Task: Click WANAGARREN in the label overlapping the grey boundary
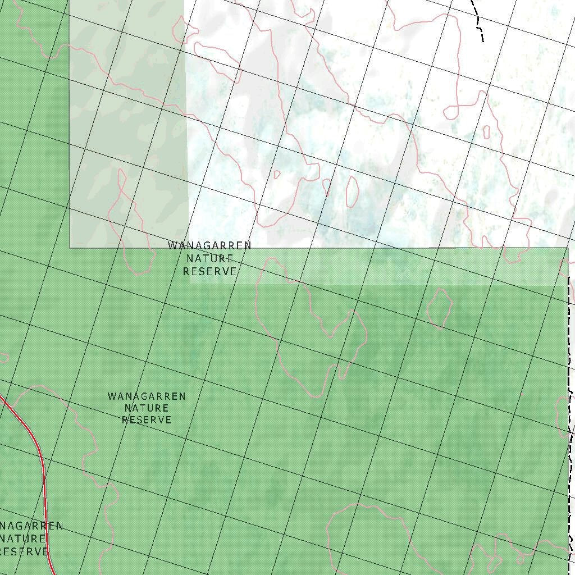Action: (x=209, y=246)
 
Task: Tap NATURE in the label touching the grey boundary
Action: (x=209, y=259)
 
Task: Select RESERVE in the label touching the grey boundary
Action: (x=209, y=271)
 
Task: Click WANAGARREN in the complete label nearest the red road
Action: (x=147, y=396)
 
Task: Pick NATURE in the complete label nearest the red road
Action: (x=147, y=408)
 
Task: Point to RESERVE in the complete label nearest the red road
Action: (x=147, y=420)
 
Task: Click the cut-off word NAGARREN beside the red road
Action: (x=31, y=526)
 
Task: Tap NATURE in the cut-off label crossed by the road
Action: (x=22, y=539)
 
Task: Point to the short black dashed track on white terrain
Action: (x=477, y=20)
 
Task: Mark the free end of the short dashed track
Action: (x=482, y=41)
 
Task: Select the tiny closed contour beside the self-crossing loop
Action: (x=486, y=131)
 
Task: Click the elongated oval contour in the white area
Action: (x=352, y=191)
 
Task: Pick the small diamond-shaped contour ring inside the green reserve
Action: (x=440, y=308)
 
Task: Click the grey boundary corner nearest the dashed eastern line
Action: (x=567, y=248)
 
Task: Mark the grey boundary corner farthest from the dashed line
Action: (x=70, y=247)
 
